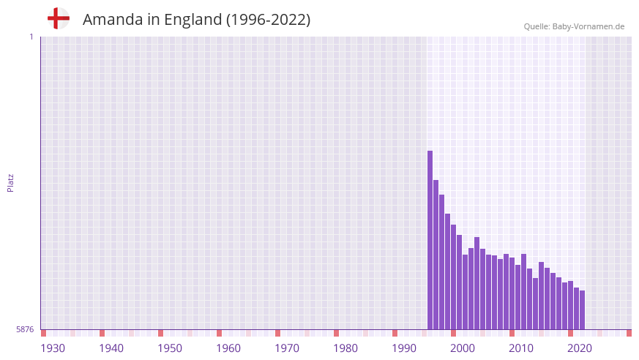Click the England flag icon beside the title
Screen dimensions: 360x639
58,19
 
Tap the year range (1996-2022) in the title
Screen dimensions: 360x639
268,20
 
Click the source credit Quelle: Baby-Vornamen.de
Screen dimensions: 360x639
574,26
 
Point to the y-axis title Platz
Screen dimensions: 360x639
10,183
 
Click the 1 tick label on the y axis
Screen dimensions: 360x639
31,37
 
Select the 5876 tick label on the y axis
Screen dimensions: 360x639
25,329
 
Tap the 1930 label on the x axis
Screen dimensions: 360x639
53,348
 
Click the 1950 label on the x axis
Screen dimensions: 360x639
170,348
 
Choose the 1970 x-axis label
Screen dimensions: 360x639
287,348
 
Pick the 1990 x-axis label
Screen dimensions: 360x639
404,348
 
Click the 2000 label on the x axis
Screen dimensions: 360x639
463,348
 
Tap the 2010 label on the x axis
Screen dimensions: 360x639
521,348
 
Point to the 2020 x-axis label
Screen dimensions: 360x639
580,348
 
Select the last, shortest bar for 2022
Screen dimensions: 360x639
583,310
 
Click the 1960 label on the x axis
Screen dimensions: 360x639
228,348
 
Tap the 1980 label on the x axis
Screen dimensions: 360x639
345,348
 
